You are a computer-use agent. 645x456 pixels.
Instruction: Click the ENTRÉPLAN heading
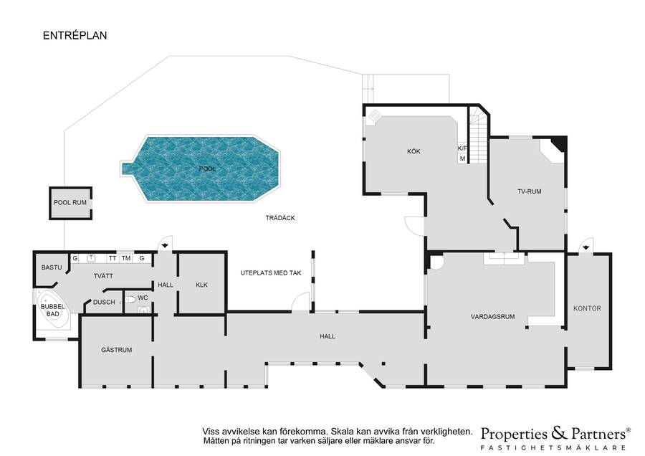pyautogui.click(x=75, y=35)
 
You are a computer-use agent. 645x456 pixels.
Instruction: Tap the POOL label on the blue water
pyautogui.click(x=207, y=168)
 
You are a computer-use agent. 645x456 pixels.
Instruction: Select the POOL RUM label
pyautogui.click(x=70, y=202)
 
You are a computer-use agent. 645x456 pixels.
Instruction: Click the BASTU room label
pyautogui.click(x=52, y=267)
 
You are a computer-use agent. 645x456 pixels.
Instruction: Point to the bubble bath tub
pyautogui.click(x=53, y=310)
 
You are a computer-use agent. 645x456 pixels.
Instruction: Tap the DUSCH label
pyautogui.click(x=104, y=302)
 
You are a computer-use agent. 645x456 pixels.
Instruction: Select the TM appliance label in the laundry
pyautogui.click(x=126, y=258)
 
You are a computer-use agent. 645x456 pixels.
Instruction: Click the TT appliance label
pyautogui.click(x=113, y=258)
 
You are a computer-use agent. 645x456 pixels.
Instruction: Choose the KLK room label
pyautogui.click(x=201, y=285)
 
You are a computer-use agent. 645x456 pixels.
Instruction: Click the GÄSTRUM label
pyautogui.click(x=117, y=350)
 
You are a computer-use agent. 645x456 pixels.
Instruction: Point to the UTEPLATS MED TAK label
pyautogui.click(x=271, y=273)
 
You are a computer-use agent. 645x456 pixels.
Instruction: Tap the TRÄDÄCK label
pyautogui.click(x=280, y=218)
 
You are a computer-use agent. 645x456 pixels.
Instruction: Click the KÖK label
pyautogui.click(x=414, y=151)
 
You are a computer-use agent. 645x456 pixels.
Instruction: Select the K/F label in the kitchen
pyautogui.click(x=462, y=148)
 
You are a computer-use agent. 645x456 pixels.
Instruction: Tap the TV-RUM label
pyautogui.click(x=530, y=191)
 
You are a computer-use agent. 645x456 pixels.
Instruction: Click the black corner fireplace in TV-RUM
pyautogui.click(x=560, y=143)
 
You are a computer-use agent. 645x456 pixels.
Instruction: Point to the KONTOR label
pyautogui.click(x=587, y=308)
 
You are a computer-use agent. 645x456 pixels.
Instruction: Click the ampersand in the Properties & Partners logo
pyautogui.click(x=560, y=433)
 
